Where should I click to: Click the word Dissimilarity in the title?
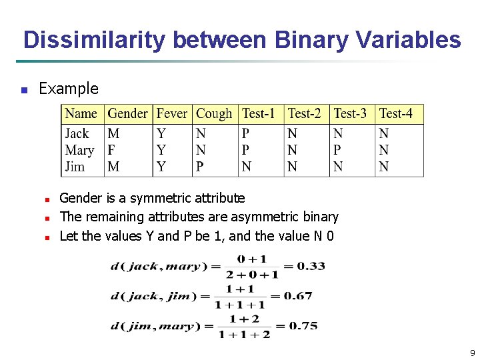pyautogui.click(x=95, y=40)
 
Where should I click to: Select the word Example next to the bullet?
pyautogui.click(x=69, y=89)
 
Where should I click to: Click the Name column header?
pyautogui.click(x=81, y=114)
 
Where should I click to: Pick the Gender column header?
pyautogui.click(x=128, y=114)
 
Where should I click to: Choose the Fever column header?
pyautogui.click(x=172, y=114)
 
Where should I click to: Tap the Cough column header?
pyautogui.click(x=214, y=114)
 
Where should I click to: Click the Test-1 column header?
pyautogui.click(x=259, y=114)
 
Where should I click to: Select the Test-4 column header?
pyautogui.click(x=396, y=114)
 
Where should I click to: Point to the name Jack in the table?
pyautogui.click(x=77, y=133)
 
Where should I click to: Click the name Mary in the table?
pyautogui.click(x=79, y=150)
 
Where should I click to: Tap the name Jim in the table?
pyautogui.click(x=75, y=167)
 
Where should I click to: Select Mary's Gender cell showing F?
pyautogui.click(x=111, y=150)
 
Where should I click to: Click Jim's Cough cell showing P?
pyautogui.click(x=200, y=167)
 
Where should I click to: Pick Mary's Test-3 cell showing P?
pyautogui.click(x=338, y=150)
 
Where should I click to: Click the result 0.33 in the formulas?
pyautogui.click(x=311, y=266)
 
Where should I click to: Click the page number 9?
pyautogui.click(x=472, y=353)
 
